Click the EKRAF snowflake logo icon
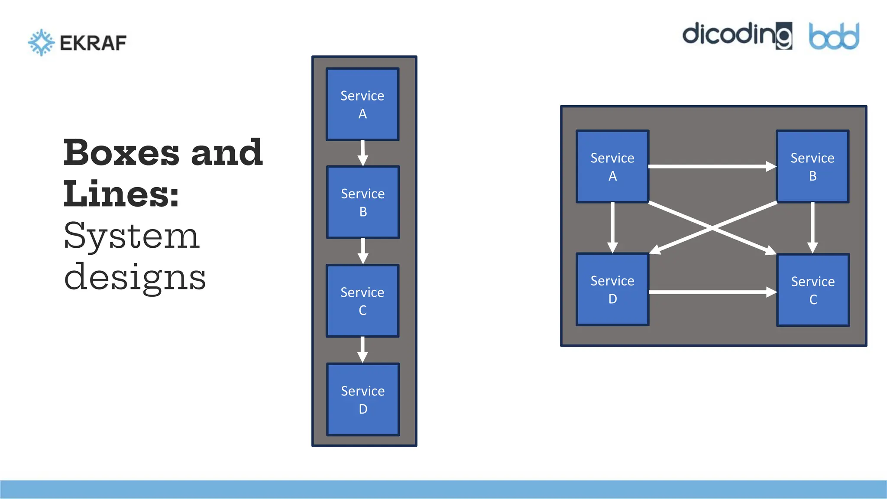point(41,42)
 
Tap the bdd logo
point(834,36)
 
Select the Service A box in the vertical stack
point(363,104)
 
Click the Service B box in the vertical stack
point(363,202)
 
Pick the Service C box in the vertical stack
point(363,301)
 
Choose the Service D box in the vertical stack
point(363,399)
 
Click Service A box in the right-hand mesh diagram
point(612,167)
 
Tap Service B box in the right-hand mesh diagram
point(813,167)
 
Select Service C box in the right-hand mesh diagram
point(813,290)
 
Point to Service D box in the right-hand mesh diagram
point(612,289)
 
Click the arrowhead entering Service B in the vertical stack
point(363,162)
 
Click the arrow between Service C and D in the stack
point(363,349)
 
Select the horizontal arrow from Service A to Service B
point(712,166)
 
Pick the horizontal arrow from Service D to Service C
point(712,292)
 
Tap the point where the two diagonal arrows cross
point(712,228)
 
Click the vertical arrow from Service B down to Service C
point(813,227)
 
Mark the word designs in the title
point(135,277)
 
